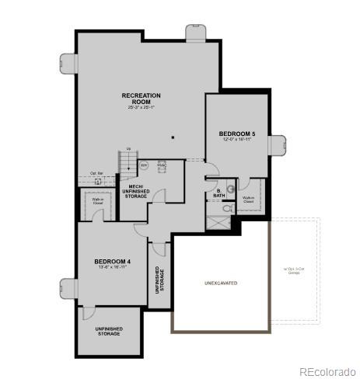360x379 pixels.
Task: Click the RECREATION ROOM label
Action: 142,98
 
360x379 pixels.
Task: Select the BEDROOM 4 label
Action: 112,262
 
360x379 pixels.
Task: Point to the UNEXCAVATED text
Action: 220,283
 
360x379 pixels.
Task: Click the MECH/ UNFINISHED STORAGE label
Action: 135,187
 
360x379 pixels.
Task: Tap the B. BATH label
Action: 218,193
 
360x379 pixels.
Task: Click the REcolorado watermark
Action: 328,370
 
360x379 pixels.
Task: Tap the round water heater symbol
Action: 144,165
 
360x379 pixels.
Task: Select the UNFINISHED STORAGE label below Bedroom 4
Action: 109,330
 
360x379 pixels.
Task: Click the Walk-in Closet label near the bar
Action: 99,201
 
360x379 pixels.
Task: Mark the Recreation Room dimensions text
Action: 142,106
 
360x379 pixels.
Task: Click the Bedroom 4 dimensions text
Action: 112,268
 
